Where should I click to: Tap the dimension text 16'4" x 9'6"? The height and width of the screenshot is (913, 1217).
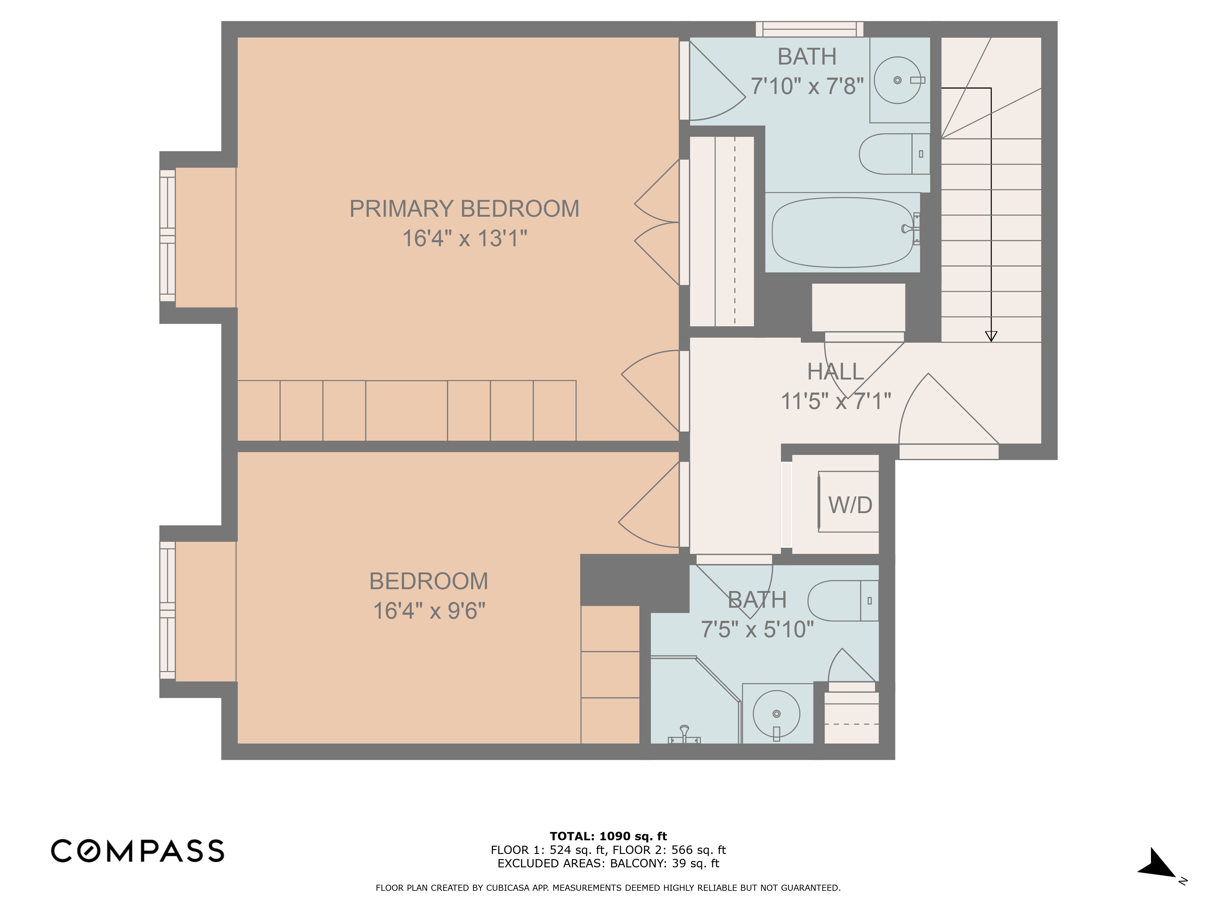(429, 611)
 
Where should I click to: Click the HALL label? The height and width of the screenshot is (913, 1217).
(835, 372)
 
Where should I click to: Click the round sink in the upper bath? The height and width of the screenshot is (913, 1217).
(897, 80)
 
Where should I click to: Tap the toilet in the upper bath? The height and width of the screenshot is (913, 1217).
(892, 154)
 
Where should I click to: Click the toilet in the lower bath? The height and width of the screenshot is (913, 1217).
(842, 601)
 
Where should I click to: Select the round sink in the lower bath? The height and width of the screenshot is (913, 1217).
(776, 714)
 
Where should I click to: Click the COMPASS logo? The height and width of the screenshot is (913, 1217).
(138, 851)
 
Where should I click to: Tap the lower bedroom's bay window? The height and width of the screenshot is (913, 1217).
(167, 611)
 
